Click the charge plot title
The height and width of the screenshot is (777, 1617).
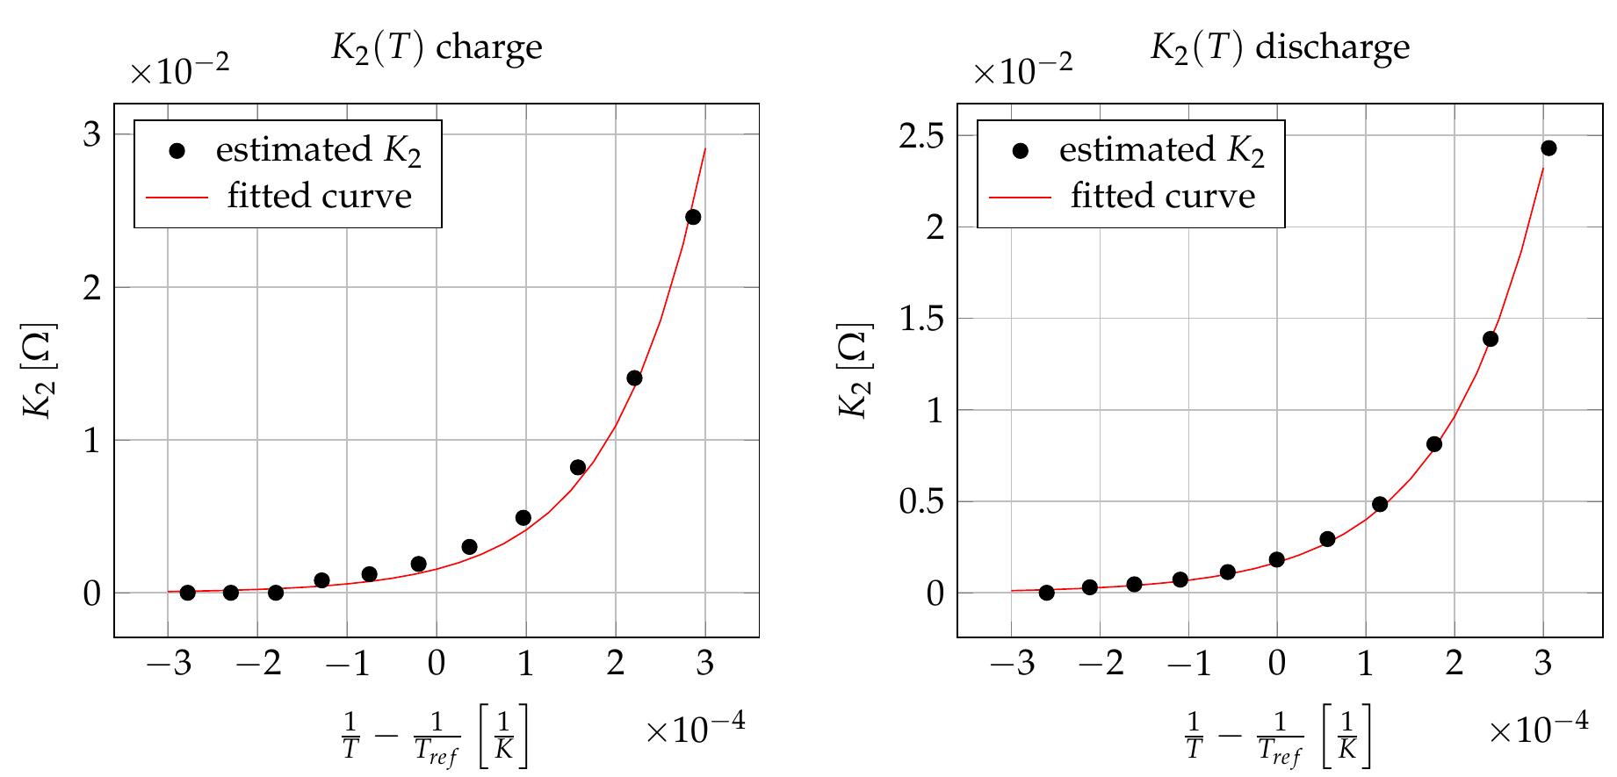click(437, 47)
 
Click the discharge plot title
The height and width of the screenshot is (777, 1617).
click(1280, 47)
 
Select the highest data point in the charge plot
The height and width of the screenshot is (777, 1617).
click(693, 217)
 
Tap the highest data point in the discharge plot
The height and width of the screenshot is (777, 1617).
click(1548, 148)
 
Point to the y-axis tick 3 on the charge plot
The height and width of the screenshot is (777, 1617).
click(92, 134)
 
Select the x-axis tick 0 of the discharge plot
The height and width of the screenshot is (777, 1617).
click(1277, 664)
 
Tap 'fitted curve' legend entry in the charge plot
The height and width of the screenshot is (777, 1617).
click(319, 196)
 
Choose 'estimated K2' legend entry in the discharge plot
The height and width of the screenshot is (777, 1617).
click(1161, 150)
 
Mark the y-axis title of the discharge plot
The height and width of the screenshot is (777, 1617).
click(854, 371)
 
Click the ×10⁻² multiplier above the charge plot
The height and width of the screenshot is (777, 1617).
click(180, 71)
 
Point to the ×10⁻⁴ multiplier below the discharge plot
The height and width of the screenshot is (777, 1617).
click(1538, 729)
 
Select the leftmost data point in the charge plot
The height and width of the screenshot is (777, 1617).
click(187, 593)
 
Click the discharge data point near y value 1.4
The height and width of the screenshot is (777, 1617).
click(1490, 339)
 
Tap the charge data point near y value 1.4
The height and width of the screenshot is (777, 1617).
click(634, 378)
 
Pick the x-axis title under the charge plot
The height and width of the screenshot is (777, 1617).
click(435, 739)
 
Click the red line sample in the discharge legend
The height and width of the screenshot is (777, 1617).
click(1021, 197)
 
